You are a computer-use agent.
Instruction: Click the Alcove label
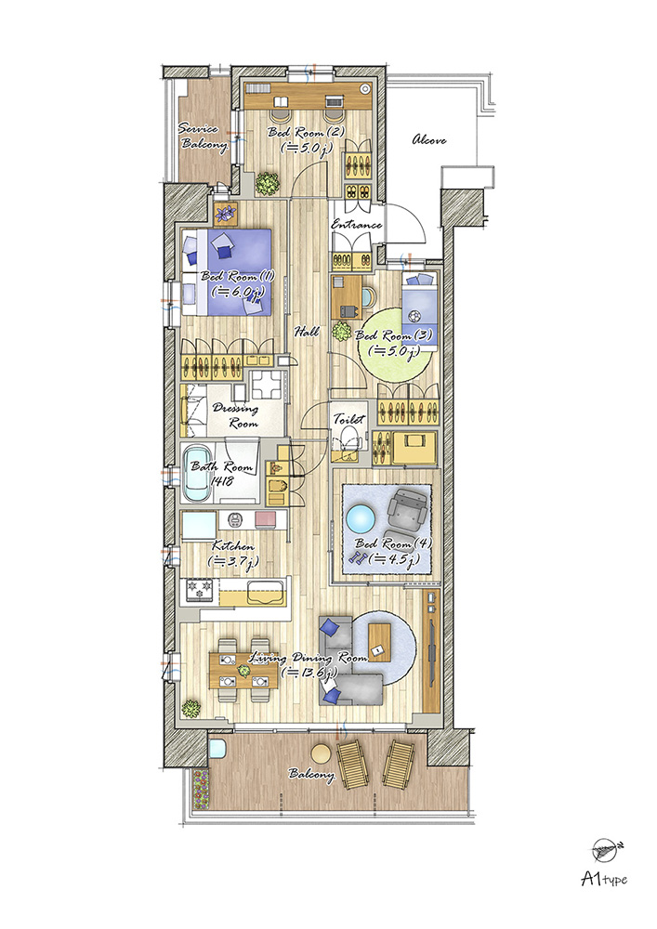(429, 140)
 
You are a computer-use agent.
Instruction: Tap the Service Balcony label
(203, 137)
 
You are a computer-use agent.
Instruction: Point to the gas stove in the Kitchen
(199, 590)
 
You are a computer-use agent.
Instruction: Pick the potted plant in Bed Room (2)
(268, 184)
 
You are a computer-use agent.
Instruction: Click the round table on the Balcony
(322, 753)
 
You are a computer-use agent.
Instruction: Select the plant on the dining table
(243, 670)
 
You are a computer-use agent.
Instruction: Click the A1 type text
(604, 879)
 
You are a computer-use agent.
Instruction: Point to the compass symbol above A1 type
(604, 851)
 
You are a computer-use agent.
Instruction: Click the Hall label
(307, 332)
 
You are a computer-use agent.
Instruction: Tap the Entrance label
(356, 225)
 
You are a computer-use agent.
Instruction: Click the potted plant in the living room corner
(191, 709)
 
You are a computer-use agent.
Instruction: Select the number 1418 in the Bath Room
(221, 481)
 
